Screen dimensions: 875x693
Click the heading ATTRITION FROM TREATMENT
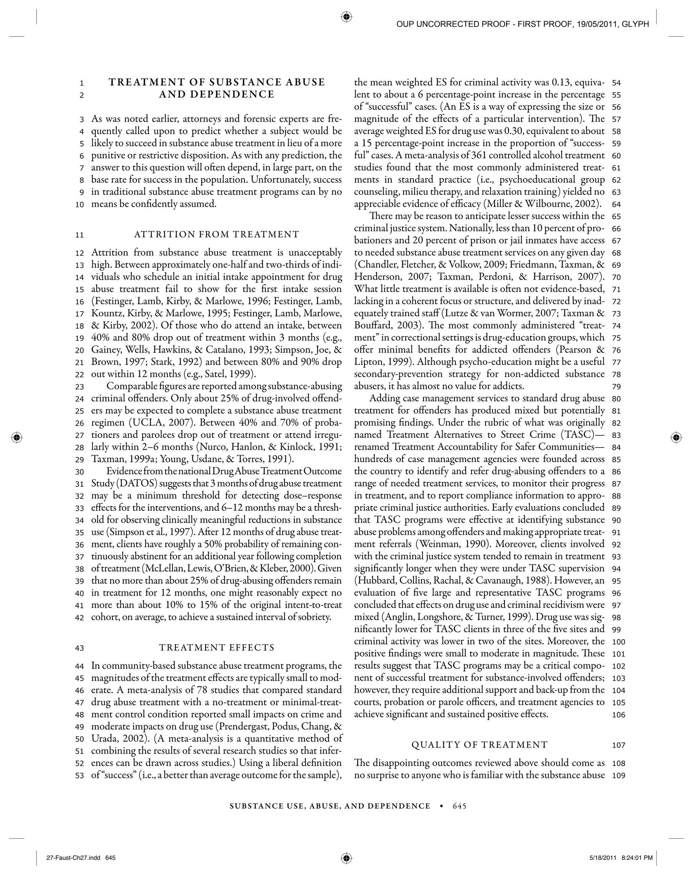[217, 234]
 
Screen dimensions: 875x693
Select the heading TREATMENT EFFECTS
[217, 647]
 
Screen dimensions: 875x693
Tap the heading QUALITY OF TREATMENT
[479, 745]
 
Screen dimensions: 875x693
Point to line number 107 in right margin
[618, 745]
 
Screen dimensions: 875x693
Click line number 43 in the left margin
[80, 648]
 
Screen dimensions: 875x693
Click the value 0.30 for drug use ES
[493, 131]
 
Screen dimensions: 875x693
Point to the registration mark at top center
[346, 17]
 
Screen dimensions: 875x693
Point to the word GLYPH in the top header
[638, 24]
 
